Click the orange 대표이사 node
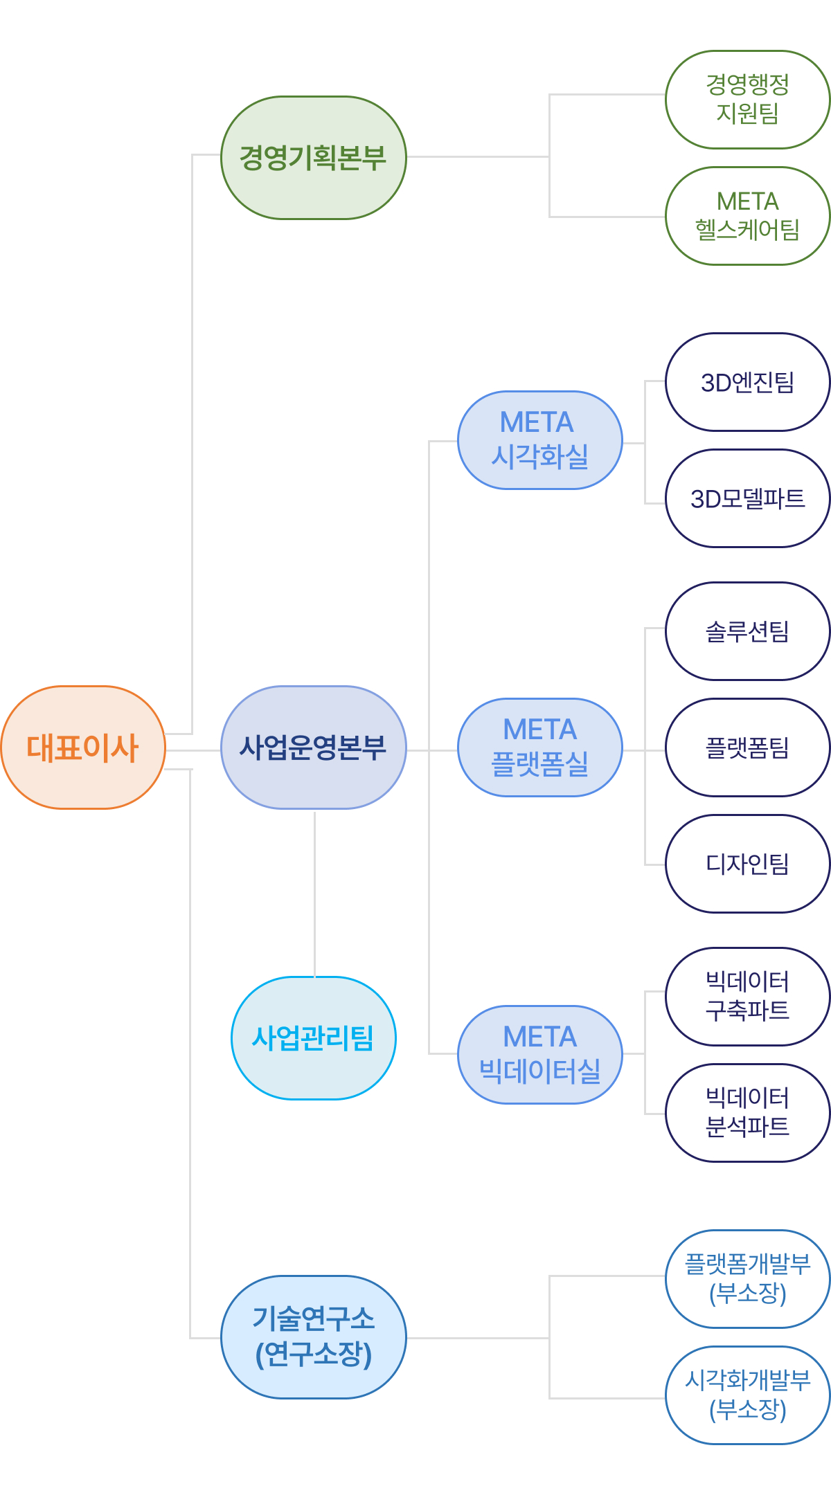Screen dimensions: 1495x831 coord(83,747)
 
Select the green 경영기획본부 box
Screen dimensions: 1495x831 coord(313,158)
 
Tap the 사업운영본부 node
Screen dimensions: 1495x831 coord(313,747)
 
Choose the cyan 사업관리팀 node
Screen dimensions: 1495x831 coord(313,1038)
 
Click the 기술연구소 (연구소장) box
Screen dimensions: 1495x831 coord(313,1337)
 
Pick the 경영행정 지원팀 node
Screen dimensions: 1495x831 coord(747,100)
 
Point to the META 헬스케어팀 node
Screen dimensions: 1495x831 coord(747,216)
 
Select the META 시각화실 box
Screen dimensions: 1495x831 coord(539,440)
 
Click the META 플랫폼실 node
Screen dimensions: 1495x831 coord(539,747)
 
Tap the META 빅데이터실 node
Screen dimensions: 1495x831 coord(539,1055)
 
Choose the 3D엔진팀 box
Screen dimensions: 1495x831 coord(747,382)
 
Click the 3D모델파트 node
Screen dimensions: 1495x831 coord(747,498)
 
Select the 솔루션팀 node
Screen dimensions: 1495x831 coord(747,631)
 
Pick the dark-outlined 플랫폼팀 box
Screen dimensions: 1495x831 coord(747,747)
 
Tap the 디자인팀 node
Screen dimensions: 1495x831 coord(747,864)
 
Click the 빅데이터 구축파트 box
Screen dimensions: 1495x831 coord(747,997)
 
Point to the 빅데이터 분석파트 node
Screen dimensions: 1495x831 coord(747,1113)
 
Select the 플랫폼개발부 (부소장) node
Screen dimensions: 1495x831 coord(747,1279)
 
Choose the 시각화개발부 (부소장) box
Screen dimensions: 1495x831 coord(747,1395)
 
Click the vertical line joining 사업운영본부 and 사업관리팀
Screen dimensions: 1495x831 coord(314,893)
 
